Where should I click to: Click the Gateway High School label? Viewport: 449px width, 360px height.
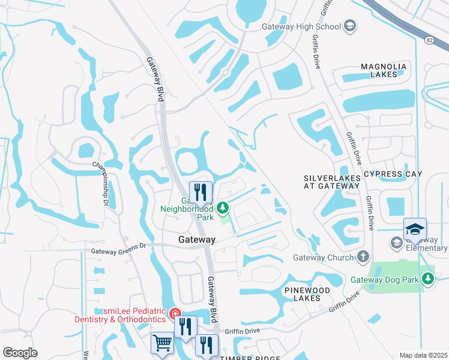[301, 26]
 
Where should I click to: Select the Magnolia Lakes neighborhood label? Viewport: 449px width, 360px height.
[384, 70]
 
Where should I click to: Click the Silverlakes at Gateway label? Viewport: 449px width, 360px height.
[332, 182]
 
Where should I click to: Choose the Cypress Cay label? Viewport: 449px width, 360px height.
[393, 174]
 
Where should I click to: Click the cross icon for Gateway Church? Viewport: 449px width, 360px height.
[362, 257]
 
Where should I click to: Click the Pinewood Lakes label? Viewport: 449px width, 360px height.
[307, 294]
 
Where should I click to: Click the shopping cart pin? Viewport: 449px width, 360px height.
[162, 343]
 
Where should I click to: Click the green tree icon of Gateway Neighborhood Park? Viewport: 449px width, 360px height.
[223, 208]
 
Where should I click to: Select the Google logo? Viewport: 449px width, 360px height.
[20, 353]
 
